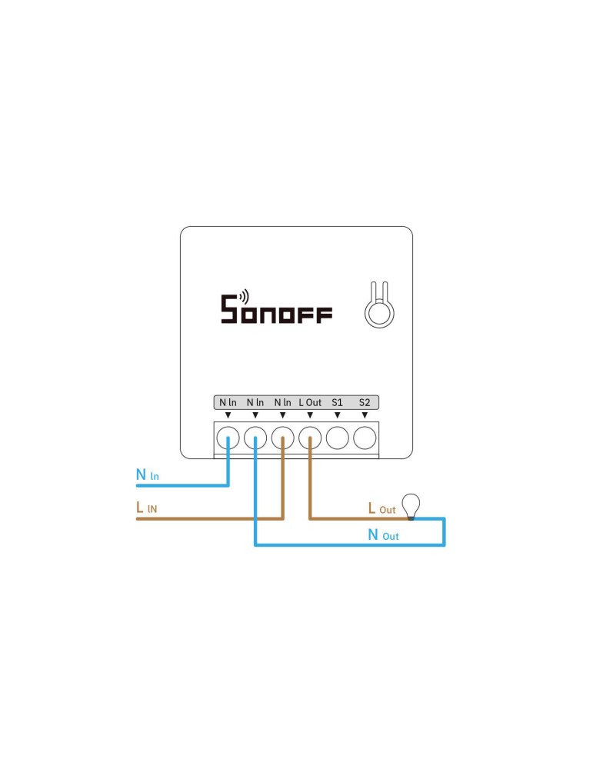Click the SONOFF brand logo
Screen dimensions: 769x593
click(277, 310)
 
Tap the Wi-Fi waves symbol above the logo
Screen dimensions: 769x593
click(244, 296)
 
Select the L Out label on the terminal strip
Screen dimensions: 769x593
click(310, 402)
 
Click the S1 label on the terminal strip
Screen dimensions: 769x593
click(337, 402)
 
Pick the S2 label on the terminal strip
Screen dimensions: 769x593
click(365, 402)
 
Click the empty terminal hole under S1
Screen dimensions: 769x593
click(338, 438)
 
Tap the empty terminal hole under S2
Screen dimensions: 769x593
click(365, 438)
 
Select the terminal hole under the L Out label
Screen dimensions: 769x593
click(310, 438)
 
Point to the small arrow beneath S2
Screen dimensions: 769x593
click(365, 415)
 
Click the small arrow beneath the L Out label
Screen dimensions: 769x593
click(310, 415)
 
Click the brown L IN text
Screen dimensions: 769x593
click(147, 508)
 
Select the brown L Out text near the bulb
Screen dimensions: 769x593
click(381, 508)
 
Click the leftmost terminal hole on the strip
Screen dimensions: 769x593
click(228, 438)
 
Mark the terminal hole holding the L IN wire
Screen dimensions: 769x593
click(283, 438)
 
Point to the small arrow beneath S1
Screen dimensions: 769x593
click(338, 415)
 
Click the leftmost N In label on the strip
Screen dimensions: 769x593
click(228, 402)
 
